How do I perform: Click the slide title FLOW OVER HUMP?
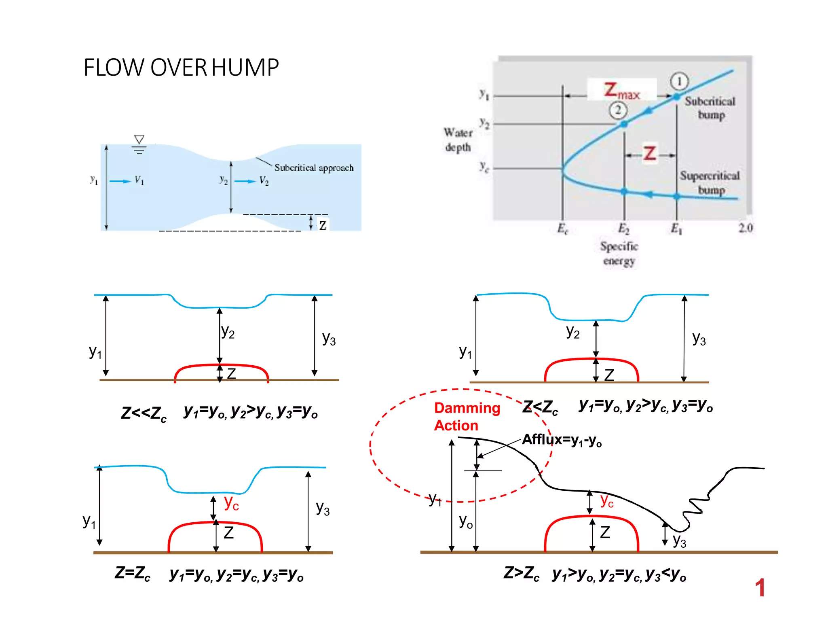[x=181, y=67]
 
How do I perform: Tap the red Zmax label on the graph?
[x=621, y=91]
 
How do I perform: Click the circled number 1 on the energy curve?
[x=679, y=81]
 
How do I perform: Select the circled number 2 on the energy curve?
[x=618, y=110]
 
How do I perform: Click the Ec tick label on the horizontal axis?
[x=563, y=229]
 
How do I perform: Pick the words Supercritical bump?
[x=710, y=182]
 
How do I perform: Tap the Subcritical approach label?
[x=314, y=167]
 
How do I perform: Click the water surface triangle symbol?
[x=139, y=140]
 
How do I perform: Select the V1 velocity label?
[x=139, y=180]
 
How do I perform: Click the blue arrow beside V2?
[x=245, y=181]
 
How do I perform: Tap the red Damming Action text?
[x=467, y=417]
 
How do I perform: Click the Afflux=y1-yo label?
[x=562, y=440]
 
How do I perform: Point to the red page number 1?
[x=760, y=587]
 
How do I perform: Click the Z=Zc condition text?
[x=132, y=573]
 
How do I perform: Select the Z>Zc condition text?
[x=521, y=573]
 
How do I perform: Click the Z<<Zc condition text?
[x=144, y=413]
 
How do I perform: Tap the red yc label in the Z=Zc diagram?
[x=231, y=503]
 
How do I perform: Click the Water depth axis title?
[x=458, y=140]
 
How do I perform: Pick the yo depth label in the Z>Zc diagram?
[x=465, y=522]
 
